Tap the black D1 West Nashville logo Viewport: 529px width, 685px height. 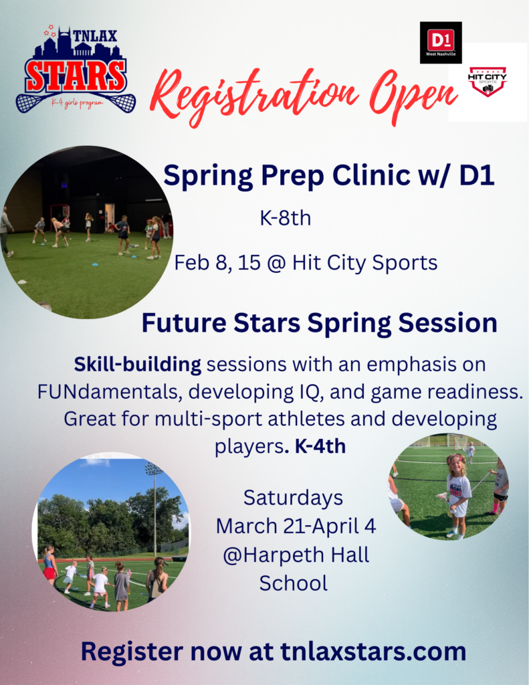pyautogui.click(x=440, y=42)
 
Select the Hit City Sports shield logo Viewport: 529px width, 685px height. pyautogui.click(x=488, y=81)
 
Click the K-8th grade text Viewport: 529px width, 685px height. pyautogui.click(x=285, y=218)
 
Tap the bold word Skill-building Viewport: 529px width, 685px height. pyautogui.click(x=138, y=365)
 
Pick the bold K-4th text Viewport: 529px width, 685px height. pyautogui.click(x=320, y=446)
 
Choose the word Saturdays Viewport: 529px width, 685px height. pyautogui.click(x=293, y=498)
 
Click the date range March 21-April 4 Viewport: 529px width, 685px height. pyautogui.click(x=296, y=526)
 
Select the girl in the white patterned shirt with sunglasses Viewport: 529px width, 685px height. pyautogui.click(x=458, y=492)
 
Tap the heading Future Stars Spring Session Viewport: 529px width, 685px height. pyautogui.click(x=319, y=323)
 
